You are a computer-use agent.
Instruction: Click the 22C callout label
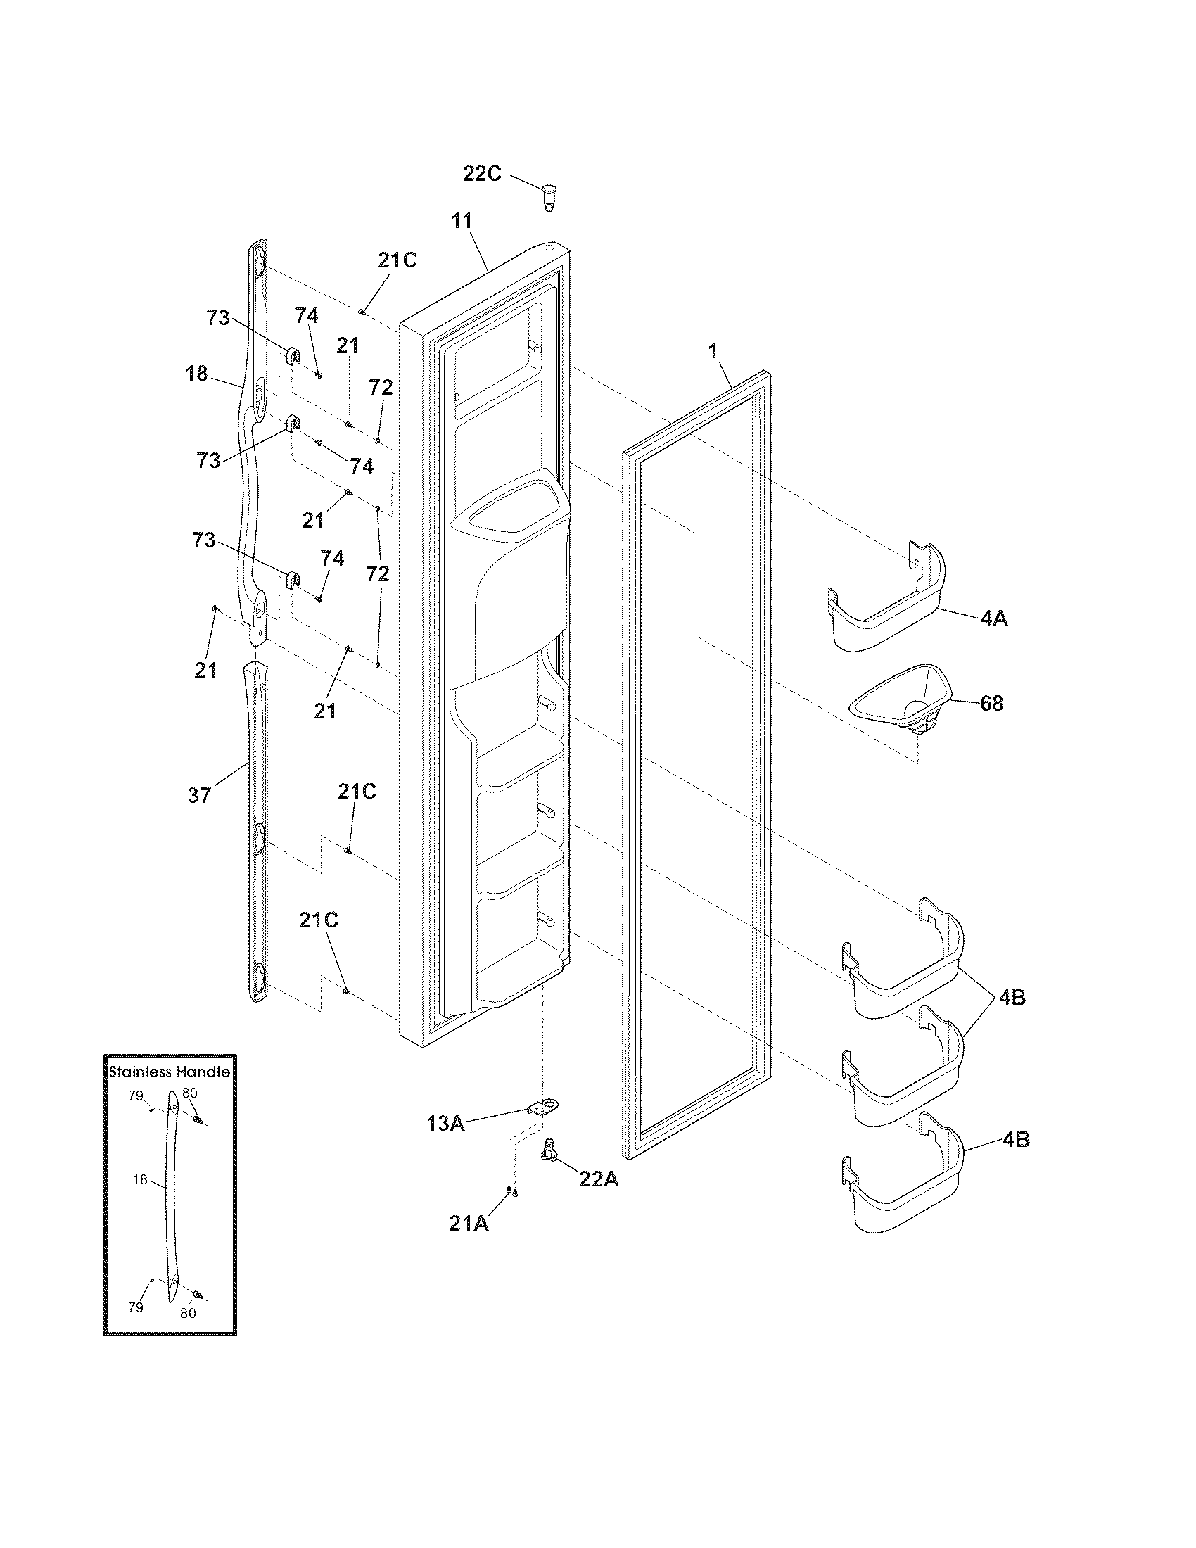click(482, 174)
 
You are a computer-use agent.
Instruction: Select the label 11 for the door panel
click(462, 220)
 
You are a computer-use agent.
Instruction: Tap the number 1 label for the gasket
click(713, 350)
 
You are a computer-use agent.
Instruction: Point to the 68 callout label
click(991, 704)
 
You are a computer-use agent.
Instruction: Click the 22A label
click(599, 1179)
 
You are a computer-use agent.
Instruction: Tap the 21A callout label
click(469, 1223)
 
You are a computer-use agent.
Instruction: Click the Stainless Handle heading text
click(170, 1072)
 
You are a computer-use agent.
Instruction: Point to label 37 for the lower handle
click(199, 796)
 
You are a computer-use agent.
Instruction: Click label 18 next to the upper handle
click(197, 374)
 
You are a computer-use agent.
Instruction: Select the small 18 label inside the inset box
click(140, 1179)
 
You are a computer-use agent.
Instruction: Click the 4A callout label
click(993, 618)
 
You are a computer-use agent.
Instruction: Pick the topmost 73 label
click(218, 318)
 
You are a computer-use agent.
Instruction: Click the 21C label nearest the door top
click(397, 261)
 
